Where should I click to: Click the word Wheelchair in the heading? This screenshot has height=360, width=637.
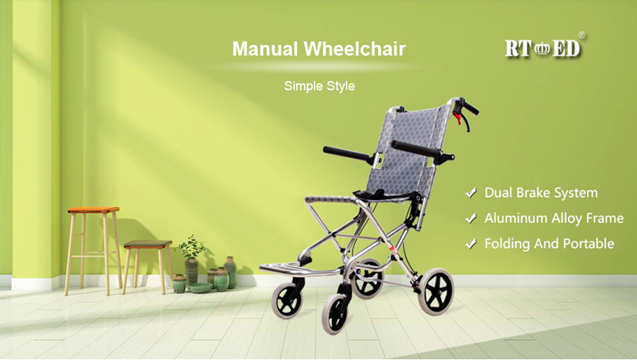tap(355, 49)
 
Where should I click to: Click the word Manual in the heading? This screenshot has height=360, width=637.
tap(265, 49)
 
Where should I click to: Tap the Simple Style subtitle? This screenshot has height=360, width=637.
tap(319, 86)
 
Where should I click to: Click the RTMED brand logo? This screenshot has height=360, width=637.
tap(542, 49)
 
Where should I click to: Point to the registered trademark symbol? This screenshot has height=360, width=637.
tap(582, 35)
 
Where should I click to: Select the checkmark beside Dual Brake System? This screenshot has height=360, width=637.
tap(471, 193)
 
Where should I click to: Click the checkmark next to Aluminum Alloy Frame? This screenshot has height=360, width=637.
tap(471, 218)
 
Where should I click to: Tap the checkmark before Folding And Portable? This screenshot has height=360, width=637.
tap(471, 244)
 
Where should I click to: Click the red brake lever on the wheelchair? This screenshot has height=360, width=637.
tap(458, 118)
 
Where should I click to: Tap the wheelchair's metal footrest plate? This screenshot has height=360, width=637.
tap(301, 269)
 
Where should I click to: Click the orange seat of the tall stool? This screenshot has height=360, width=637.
tap(93, 210)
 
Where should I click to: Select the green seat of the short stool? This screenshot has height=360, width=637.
tap(148, 245)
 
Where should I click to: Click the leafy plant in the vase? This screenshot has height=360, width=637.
tap(191, 246)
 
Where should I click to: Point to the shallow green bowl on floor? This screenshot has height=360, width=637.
tap(200, 288)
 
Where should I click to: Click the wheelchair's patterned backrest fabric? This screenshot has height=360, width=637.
tap(410, 151)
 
